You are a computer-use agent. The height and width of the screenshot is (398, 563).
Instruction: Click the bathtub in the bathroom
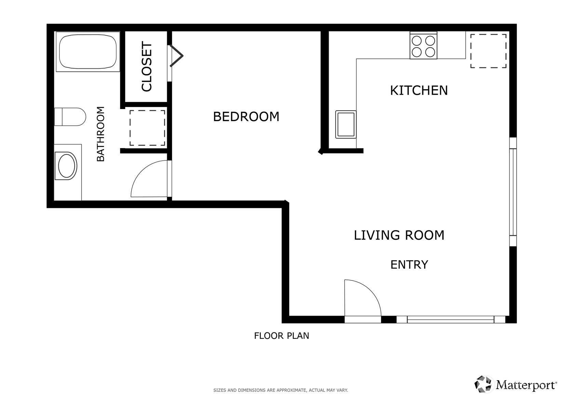(x=88, y=52)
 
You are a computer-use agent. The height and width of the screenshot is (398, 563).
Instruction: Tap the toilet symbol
(x=70, y=117)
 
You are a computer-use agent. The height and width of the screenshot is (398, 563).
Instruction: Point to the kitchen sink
(x=346, y=124)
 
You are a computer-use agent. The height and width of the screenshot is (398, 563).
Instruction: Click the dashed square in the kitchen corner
(x=488, y=51)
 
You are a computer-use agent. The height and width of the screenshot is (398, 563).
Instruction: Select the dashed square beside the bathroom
(x=147, y=128)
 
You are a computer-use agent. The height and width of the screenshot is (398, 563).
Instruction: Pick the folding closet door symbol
(x=176, y=56)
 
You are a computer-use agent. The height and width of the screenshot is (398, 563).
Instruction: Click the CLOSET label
(x=147, y=67)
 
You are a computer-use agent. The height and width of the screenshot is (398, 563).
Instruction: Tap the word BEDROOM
(x=246, y=117)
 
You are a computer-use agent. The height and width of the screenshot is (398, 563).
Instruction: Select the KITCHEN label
(x=418, y=90)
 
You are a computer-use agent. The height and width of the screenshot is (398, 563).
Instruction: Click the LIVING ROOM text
(x=399, y=235)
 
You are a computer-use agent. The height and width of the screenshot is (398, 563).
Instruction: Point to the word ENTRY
(x=409, y=265)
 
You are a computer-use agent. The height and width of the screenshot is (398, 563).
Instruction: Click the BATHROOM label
(x=100, y=134)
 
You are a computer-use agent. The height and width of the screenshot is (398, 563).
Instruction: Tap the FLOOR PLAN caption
(x=281, y=336)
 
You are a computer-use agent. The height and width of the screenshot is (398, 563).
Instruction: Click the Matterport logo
(x=515, y=384)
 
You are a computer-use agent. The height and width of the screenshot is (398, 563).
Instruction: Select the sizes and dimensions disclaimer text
(x=280, y=390)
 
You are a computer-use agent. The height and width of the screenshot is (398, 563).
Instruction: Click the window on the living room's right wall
(x=513, y=192)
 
